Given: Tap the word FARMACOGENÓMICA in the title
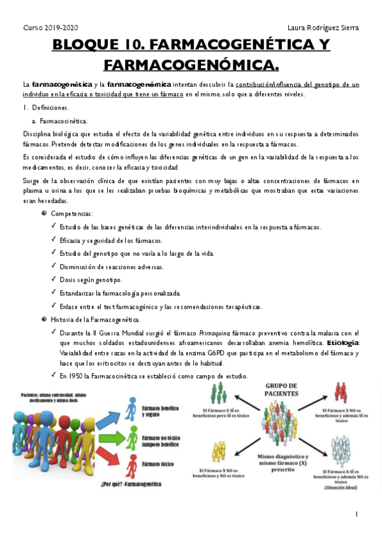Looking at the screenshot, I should point(191,64).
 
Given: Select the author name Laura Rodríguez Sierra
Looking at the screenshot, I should point(323,28).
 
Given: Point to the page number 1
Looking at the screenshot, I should point(356,514).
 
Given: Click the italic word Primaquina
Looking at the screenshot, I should point(216,334).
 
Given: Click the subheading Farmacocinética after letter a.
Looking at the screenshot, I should point(64,121).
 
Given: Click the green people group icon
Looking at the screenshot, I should point(218,394).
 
